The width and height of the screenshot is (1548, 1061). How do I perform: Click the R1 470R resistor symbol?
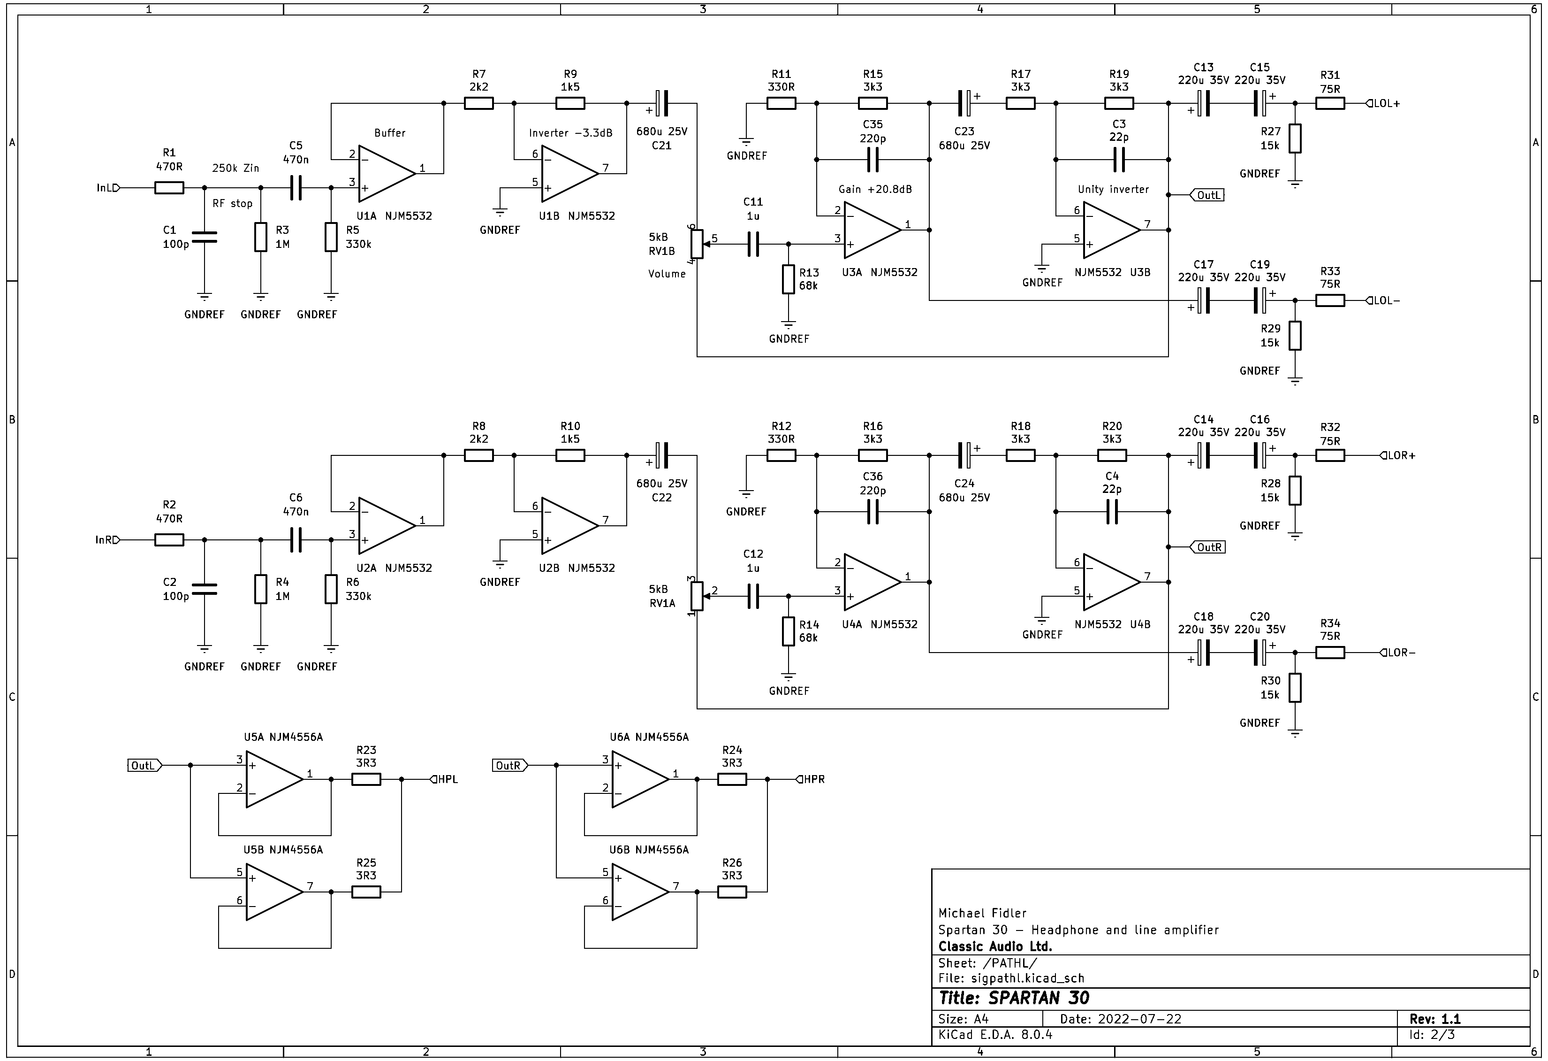coord(169,188)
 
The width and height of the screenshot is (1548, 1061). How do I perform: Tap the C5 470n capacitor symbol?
coord(296,188)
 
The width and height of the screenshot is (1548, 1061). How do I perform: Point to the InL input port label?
coord(106,188)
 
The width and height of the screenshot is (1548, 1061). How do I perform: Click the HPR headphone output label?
coord(812,779)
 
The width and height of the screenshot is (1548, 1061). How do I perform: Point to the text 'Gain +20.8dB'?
coord(874,189)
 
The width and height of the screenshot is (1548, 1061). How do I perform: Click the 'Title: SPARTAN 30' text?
coord(1014,998)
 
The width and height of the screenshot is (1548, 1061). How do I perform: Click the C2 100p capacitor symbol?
coord(205,589)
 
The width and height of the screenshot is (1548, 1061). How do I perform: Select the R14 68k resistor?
coord(789,631)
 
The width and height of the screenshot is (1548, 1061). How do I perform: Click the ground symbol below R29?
coord(1295,381)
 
